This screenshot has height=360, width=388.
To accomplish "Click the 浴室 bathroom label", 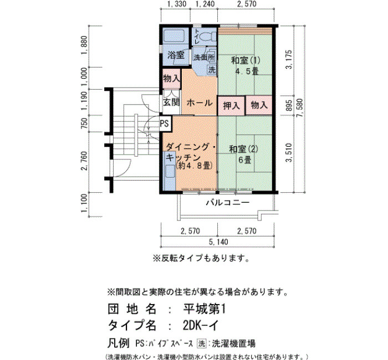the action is coord(176,55).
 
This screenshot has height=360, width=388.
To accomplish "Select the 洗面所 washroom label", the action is coord(204,58).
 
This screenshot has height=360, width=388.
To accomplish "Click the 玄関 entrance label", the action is coord(171,102).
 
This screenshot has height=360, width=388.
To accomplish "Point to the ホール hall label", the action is coord(200,102).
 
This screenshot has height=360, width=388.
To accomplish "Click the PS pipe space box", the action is coord(165,123).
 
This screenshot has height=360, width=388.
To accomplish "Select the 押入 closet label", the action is coord(231,106).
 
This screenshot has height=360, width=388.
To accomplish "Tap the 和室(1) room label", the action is coord(246,60).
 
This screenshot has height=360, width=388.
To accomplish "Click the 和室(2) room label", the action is coord(243,149).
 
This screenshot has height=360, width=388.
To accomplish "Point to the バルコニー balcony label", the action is coord(228,203).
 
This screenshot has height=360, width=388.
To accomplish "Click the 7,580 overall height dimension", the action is coord(300,109).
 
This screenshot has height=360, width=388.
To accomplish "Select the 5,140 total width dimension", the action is coord(218,241).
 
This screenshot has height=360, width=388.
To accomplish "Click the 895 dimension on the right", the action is coord(289,106).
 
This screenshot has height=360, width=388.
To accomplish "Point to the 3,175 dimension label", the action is coord(289,60).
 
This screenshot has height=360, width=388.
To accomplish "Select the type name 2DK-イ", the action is coord(201,326).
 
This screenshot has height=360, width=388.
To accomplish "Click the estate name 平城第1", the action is coord(205,309).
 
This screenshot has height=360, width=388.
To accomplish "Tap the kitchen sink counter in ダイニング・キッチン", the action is coord(170,171).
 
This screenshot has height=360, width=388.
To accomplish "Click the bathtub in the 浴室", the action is coord(174,37).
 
